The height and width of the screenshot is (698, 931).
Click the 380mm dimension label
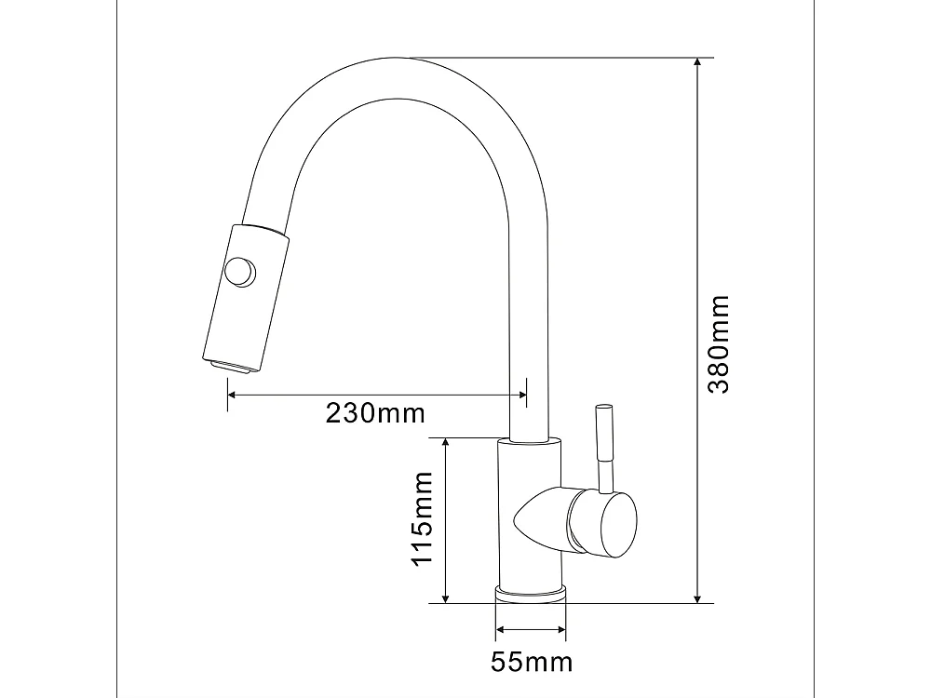(718, 344)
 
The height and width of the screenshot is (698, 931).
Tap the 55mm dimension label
(531, 662)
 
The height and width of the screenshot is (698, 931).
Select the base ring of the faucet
(530, 595)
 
